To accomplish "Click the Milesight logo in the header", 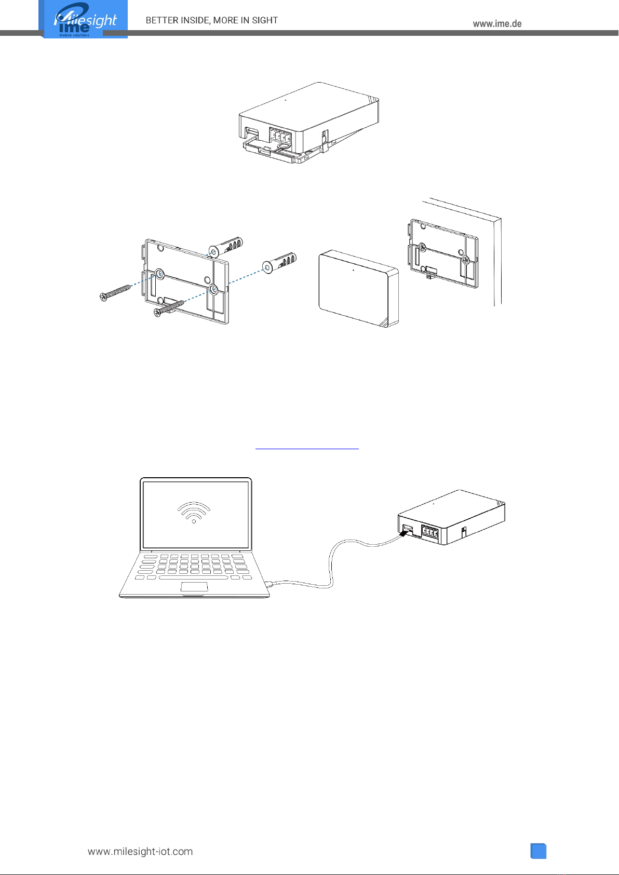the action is click(83, 19).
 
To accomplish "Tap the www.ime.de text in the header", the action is click(497, 24).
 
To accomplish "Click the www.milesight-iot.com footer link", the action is click(140, 851).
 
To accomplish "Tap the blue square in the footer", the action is click(538, 851).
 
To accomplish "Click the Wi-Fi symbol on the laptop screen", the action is click(194, 512).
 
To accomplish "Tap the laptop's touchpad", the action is click(194, 586).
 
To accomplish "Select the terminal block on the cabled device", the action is click(429, 532).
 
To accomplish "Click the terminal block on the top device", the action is click(280, 137).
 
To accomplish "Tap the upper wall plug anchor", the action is click(226, 247).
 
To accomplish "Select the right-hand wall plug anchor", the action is click(279, 263).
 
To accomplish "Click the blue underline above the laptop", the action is click(307, 449).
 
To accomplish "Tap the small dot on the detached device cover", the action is click(354, 270).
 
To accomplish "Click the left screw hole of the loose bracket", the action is click(159, 274).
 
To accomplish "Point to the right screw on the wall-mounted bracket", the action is click(465, 259).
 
